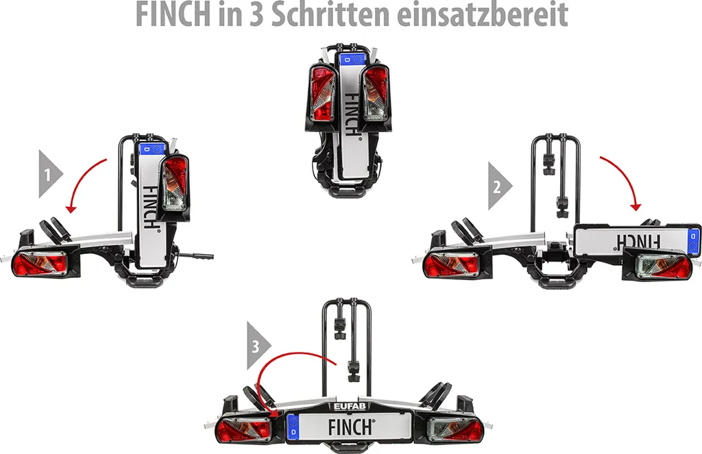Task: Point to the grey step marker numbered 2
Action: click(x=500, y=186)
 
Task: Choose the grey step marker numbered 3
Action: click(x=258, y=346)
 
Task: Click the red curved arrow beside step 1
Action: click(x=83, y=181)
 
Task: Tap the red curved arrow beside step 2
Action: click(x=624, y=177)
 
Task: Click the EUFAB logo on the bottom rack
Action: click(x=350, y=406)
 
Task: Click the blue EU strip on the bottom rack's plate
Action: click(x=293, y=427)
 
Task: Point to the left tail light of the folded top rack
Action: click(x=322, y=92)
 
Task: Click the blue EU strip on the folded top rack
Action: click(x=353, y=59)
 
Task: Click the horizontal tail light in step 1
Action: click(x=39, y=264)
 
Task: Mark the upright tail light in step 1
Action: click(x=173, y=183)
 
